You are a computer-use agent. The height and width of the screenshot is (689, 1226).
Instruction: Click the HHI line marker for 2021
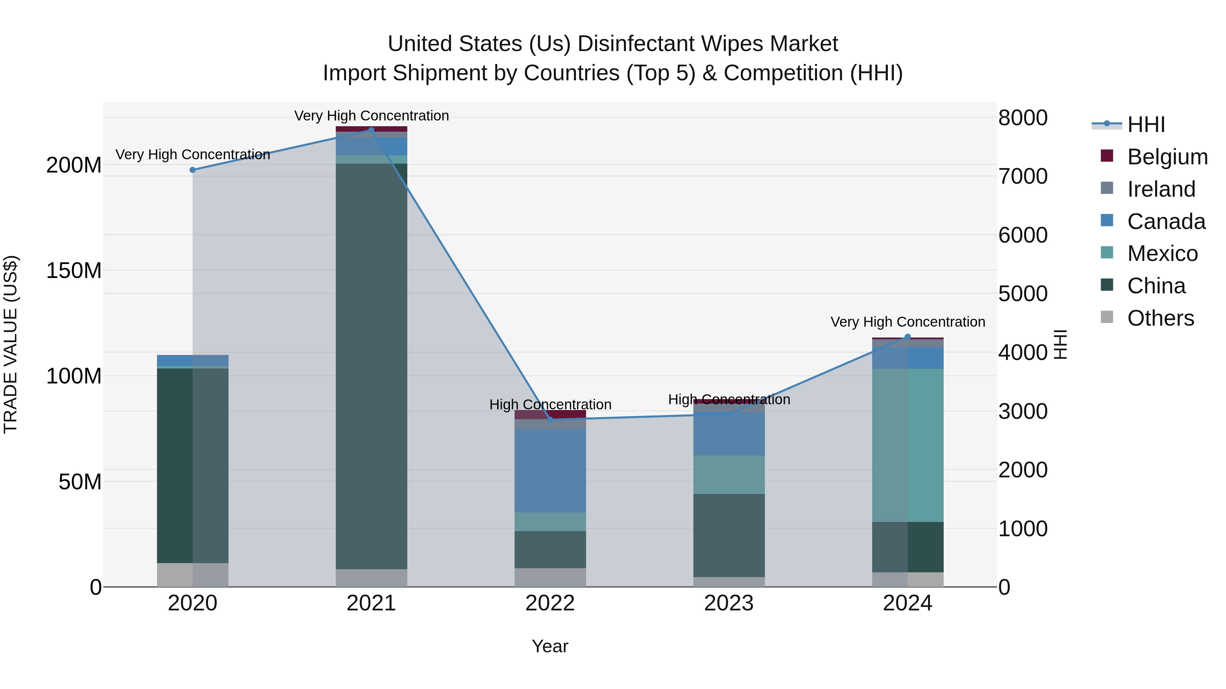point(371,130)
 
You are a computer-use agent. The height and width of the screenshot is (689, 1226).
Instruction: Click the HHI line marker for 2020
point(193,170)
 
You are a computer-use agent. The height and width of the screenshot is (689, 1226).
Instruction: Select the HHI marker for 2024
point(907,337)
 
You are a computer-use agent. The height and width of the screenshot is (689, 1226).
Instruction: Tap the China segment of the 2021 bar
point(371,366)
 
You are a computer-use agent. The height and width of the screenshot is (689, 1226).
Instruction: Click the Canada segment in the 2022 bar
point(550,471)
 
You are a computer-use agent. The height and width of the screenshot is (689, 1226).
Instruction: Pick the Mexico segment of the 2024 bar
point(907,445)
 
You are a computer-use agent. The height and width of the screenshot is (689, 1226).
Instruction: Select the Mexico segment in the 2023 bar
point(729,475)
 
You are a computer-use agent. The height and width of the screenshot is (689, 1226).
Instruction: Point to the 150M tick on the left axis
point(74,270)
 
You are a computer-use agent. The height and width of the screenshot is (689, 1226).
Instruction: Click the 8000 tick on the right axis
point(1023,118)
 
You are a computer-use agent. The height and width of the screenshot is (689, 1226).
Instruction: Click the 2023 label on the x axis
point(729,603)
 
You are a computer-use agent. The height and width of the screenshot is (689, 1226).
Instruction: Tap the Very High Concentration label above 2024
point(908,322)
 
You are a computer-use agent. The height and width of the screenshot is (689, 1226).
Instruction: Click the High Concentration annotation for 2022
point(550,405)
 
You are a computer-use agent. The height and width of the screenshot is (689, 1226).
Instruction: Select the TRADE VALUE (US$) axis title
point(11,344)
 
